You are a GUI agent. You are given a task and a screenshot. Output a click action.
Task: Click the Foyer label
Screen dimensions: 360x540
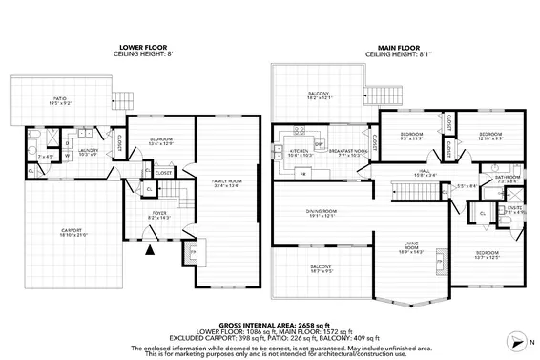coord(158,215)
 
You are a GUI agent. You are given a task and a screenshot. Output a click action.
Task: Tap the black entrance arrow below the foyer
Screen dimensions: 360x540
coord(149,252)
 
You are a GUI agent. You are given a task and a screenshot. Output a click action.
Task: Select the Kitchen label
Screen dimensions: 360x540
coord(289,150)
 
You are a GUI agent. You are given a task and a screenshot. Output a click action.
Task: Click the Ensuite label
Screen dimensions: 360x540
coord(513,209)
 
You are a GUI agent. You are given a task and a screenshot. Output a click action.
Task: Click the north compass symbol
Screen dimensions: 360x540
coord(516,339)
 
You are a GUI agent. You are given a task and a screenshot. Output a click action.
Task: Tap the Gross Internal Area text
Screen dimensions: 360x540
coord(270,325)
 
